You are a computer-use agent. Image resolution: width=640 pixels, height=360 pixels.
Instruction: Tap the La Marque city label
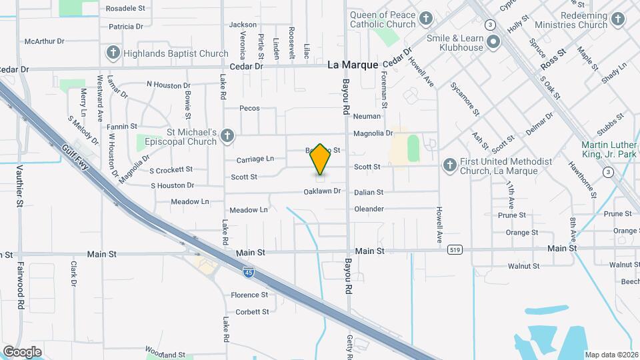353,65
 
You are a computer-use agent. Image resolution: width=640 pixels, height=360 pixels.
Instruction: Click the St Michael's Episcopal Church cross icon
227,136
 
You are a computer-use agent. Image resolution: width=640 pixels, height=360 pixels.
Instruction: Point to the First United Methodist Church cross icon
450,165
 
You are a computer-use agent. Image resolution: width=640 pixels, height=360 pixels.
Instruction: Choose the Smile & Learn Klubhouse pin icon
493,43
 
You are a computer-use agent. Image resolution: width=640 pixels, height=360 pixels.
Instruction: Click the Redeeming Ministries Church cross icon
618,19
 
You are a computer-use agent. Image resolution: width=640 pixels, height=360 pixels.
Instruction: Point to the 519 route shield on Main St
455,249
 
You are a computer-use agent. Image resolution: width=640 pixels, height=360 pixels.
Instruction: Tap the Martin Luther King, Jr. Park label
609,150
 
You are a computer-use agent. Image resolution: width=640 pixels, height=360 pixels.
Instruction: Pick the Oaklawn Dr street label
322,191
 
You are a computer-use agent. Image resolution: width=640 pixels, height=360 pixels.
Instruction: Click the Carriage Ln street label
255,159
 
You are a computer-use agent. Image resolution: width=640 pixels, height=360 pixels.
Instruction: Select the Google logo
22,351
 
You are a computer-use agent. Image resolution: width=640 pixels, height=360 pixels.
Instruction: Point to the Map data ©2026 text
611,355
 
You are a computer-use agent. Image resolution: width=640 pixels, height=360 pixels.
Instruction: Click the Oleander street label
369,209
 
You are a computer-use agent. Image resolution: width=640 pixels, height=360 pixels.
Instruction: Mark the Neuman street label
367,116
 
